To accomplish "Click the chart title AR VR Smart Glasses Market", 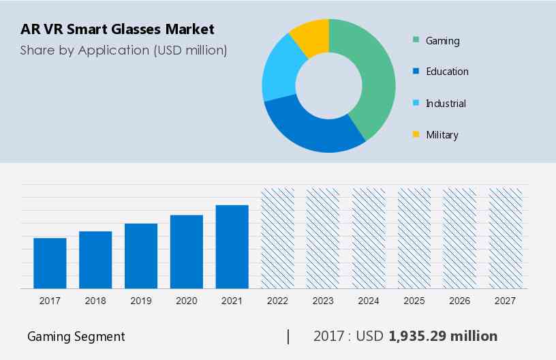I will [117, 29].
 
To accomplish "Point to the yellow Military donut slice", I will [310, 35].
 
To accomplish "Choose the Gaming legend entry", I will [442, 41].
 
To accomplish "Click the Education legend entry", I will [447, 72].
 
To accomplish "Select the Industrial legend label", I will [446, 104].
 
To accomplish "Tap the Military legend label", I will [442, 135].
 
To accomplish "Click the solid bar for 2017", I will [50, 263].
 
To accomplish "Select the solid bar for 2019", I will [141, 256].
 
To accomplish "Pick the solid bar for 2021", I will [232, 247].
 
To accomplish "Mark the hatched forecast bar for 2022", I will [278, 238].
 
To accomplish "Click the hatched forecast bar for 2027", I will [506, 238].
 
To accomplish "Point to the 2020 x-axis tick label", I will [186, 301].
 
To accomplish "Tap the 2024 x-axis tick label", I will [369, 301].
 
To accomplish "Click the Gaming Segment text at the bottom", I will [76, 337].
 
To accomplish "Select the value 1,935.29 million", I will [443, 336].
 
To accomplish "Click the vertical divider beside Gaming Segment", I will [288, 336].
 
